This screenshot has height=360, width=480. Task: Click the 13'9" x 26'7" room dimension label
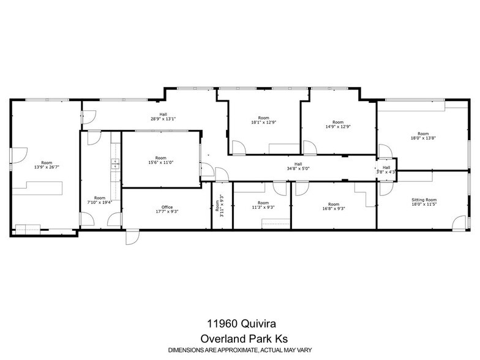click(x=47, y=167)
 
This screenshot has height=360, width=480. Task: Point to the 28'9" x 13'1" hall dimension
click(x=163, y=119)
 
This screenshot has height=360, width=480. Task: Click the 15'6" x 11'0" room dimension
click(x=160, y=162)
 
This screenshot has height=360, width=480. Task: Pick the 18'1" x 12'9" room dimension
click(x=263, y=122)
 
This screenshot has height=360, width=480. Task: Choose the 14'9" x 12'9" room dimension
click(x=338, y=127)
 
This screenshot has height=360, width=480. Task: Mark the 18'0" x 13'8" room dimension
click(x=423, y=138)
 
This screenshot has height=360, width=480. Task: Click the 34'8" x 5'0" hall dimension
click(x=298, y=168)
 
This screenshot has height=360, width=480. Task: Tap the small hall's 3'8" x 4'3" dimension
click(x=386, y=172)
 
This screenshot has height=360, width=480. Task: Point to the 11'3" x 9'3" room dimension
click(x=263, y=208)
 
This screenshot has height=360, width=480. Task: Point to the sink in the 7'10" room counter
click(x=114, y=163)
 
